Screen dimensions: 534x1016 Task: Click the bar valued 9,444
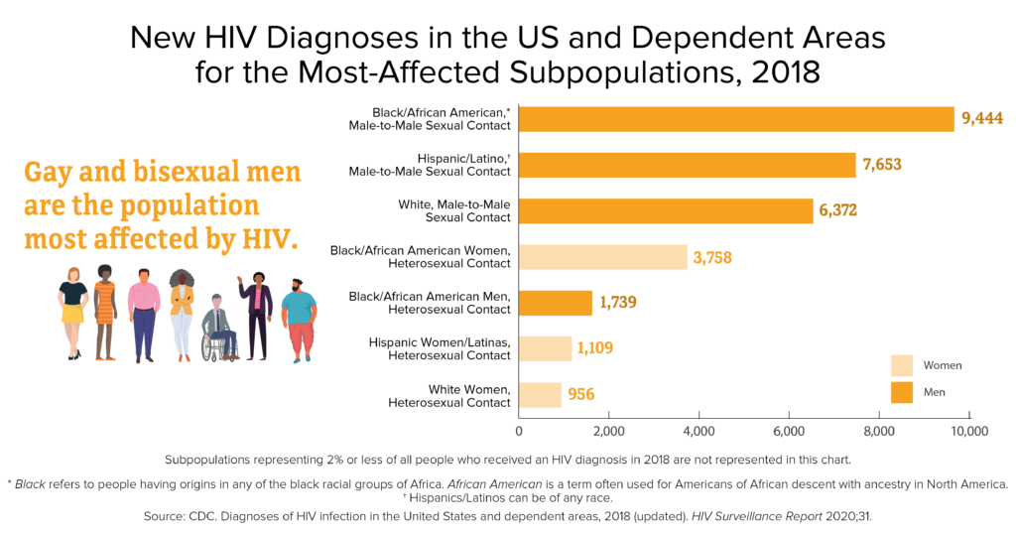click(x=735, y=119)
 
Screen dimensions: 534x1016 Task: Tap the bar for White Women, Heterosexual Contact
click(x=540, y=395)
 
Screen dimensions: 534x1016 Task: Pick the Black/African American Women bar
click(x=602, y=257)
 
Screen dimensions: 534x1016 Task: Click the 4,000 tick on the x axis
click(x=698, y=432)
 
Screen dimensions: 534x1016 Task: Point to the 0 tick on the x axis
click(x=519, y=432)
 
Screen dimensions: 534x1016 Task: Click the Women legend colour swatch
click(x=901, y=365)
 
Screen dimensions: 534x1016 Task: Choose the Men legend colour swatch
click(x=901, y=393)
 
